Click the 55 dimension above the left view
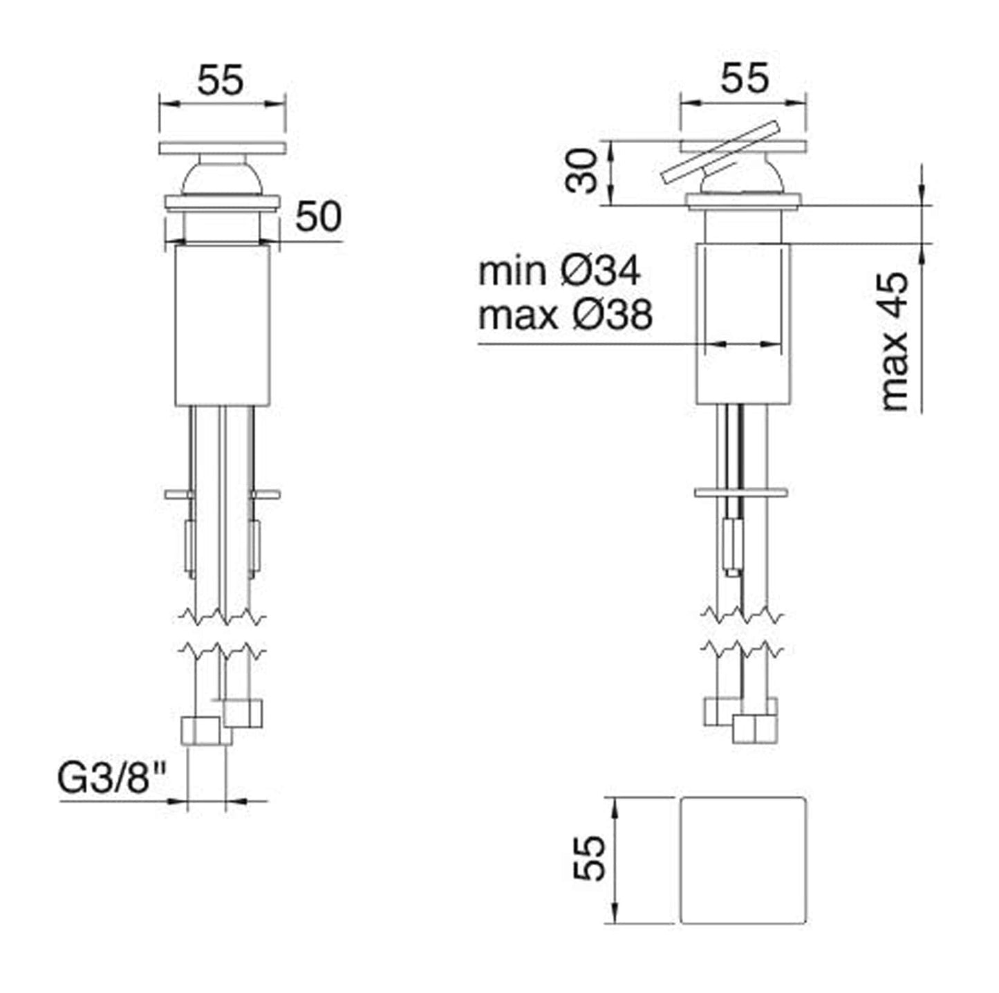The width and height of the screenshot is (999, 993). coord(221,80)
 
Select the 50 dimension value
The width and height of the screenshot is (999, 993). coord(318,217)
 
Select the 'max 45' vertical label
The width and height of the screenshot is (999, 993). coord(895,341)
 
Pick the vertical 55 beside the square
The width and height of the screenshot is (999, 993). coord(590,859)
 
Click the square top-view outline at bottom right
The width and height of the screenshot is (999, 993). coord(743,860)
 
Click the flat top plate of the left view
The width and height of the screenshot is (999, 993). coord(222,147)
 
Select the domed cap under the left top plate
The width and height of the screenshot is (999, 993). coord(221,178)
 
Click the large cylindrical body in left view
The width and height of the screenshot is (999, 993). coord(222,325)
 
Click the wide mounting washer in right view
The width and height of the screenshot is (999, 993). coord(741,493)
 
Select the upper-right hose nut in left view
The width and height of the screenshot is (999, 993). coord(243,713)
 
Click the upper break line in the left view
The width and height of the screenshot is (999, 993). coord(222,615)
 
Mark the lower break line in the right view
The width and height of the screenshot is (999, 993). coord(743,649)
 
